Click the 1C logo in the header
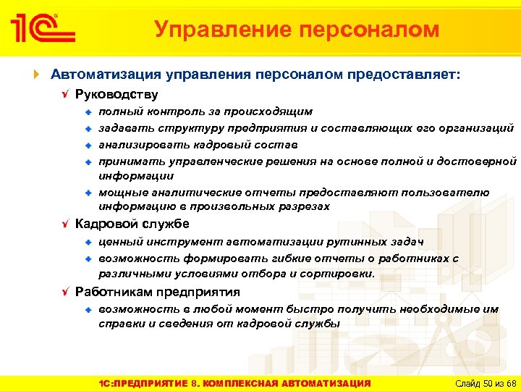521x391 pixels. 42,28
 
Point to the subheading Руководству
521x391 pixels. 117,95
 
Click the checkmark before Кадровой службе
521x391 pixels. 66,224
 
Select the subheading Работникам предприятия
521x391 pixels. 158,292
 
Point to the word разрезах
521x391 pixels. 305,206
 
